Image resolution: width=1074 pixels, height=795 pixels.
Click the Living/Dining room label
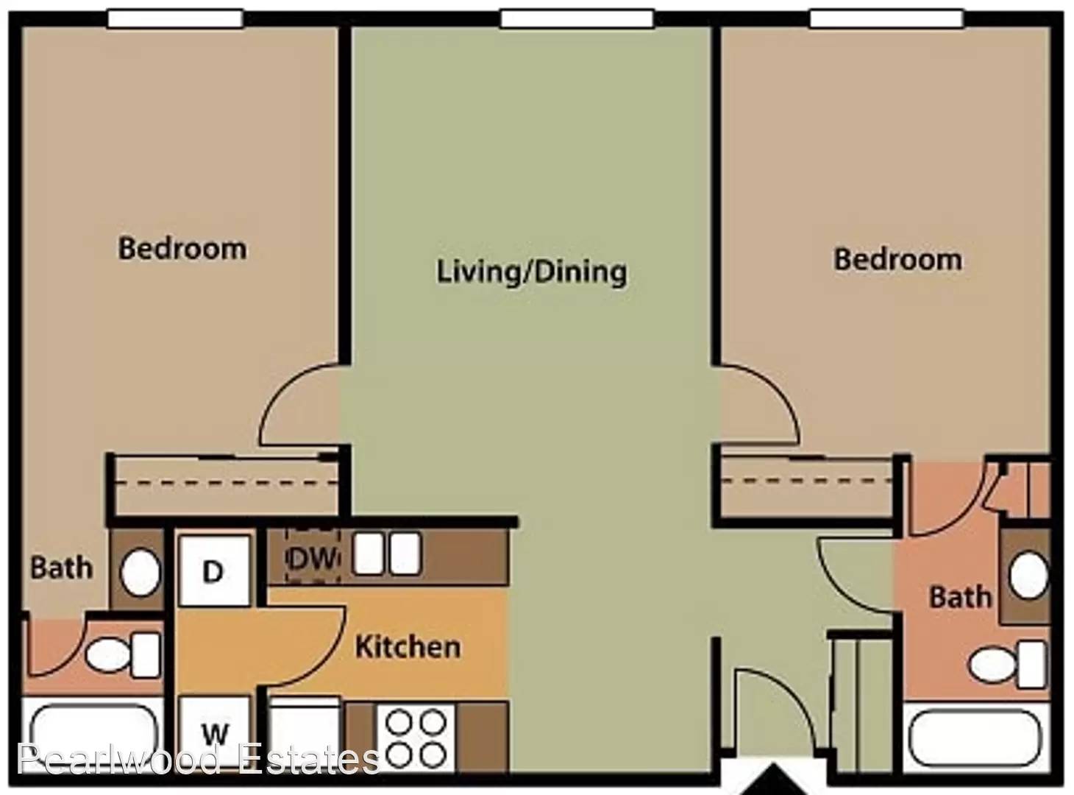[532, 272]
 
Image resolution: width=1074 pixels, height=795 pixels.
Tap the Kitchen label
[408, 646]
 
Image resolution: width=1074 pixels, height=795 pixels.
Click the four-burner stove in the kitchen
[416, 738]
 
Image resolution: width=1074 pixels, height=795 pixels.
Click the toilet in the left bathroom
[123, 655]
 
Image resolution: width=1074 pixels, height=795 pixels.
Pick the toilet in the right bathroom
[1009, 664]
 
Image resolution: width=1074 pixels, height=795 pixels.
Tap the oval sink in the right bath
[1028, 576]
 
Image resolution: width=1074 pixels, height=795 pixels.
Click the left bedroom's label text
[182, 248]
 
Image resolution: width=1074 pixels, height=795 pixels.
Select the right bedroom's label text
[897, 260]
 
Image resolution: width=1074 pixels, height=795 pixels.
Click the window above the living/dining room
[577, 19]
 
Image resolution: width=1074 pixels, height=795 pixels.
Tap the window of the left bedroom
[175, 18]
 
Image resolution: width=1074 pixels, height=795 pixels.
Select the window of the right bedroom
[886, 18]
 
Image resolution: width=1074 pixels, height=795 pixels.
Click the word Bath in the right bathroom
[961, 597]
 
